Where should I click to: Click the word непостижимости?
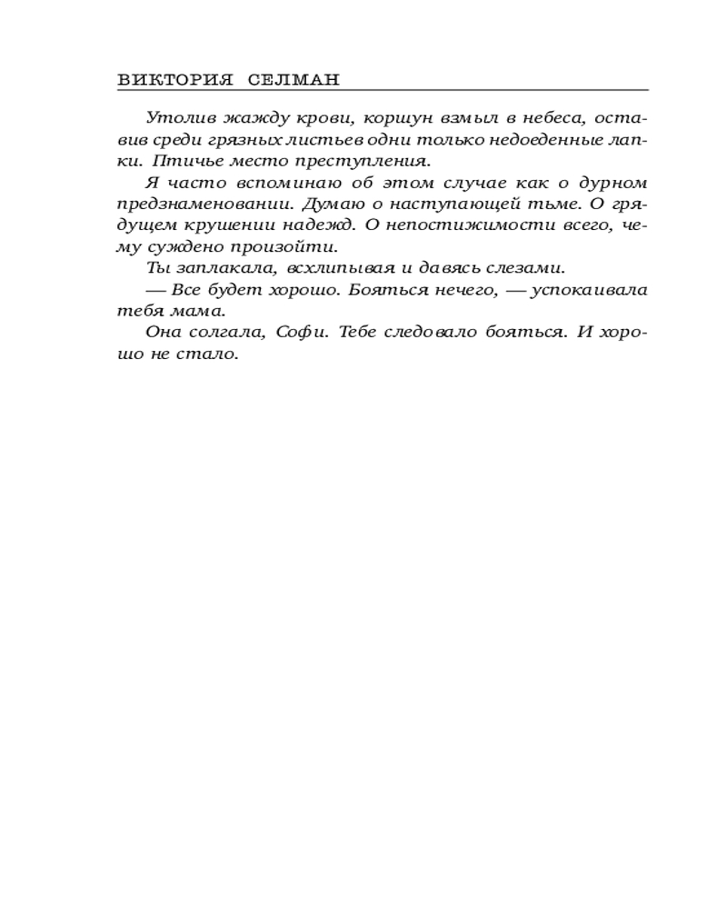[x=467, y=225]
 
